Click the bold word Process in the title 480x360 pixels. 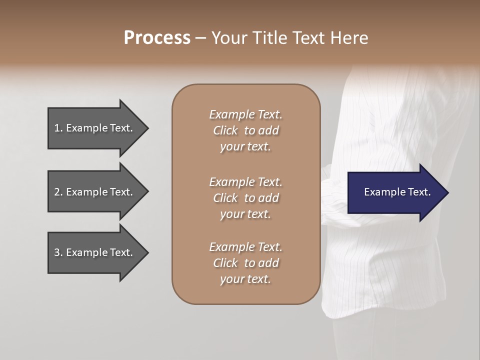tap(157, 38)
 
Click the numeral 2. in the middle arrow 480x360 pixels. tap(58, 192)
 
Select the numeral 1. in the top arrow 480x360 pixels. tap(58, 128)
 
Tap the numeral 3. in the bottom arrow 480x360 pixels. tap(58, 252)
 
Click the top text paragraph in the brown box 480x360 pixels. tap(245, 130)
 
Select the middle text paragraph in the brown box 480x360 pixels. tap(245, 198)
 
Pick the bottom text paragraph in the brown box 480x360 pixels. tap(245, 263)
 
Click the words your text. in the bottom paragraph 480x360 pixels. tap(245, 279)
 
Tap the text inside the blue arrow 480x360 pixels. tap(397, 192)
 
